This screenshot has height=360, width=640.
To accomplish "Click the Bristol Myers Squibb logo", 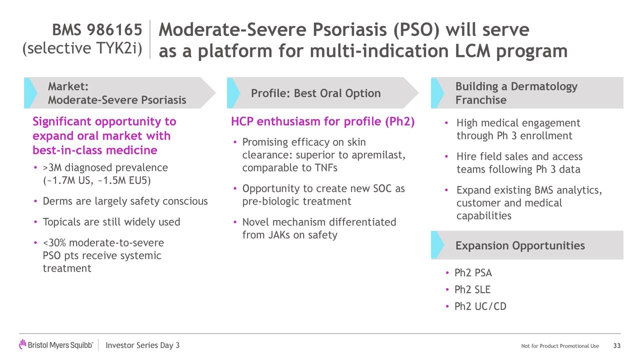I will pyautogui.click(x=56, y=345).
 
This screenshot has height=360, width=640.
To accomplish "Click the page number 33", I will pyautogui.click(x=616, y=346).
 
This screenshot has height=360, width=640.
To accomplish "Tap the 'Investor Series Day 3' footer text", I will pyautogui.click(x=143, y=346).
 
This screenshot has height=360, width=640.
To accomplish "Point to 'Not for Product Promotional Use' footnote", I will pyautogui.click(x=559, y=346).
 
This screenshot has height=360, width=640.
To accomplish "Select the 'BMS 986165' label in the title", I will pyautogui.click(x=97, y=30).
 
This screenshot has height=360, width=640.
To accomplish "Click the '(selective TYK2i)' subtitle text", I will pyautogui.click(x=82, y=48).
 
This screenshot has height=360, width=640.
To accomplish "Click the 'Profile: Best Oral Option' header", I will pyautogui.click(x=315, y=93).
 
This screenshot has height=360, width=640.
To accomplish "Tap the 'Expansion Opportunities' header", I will pyautogui.click(x=519, y=245).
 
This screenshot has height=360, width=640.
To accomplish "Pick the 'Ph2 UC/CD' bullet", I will pyautogui.click(x=480, y=306).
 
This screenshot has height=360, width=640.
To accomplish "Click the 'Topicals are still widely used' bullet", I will pyautogui.click(x=111, y=222).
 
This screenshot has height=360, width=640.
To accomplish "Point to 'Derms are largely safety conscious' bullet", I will pyautogui.click(x=125, y=201).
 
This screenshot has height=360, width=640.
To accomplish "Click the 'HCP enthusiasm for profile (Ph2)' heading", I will pyautogui.click(x=322, y=122).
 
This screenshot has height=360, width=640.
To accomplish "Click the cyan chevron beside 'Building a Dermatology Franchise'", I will pyautogui.click(x=437, y=93).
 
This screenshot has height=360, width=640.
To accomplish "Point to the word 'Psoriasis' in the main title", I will pyautogui.click(x=348, y=30).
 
